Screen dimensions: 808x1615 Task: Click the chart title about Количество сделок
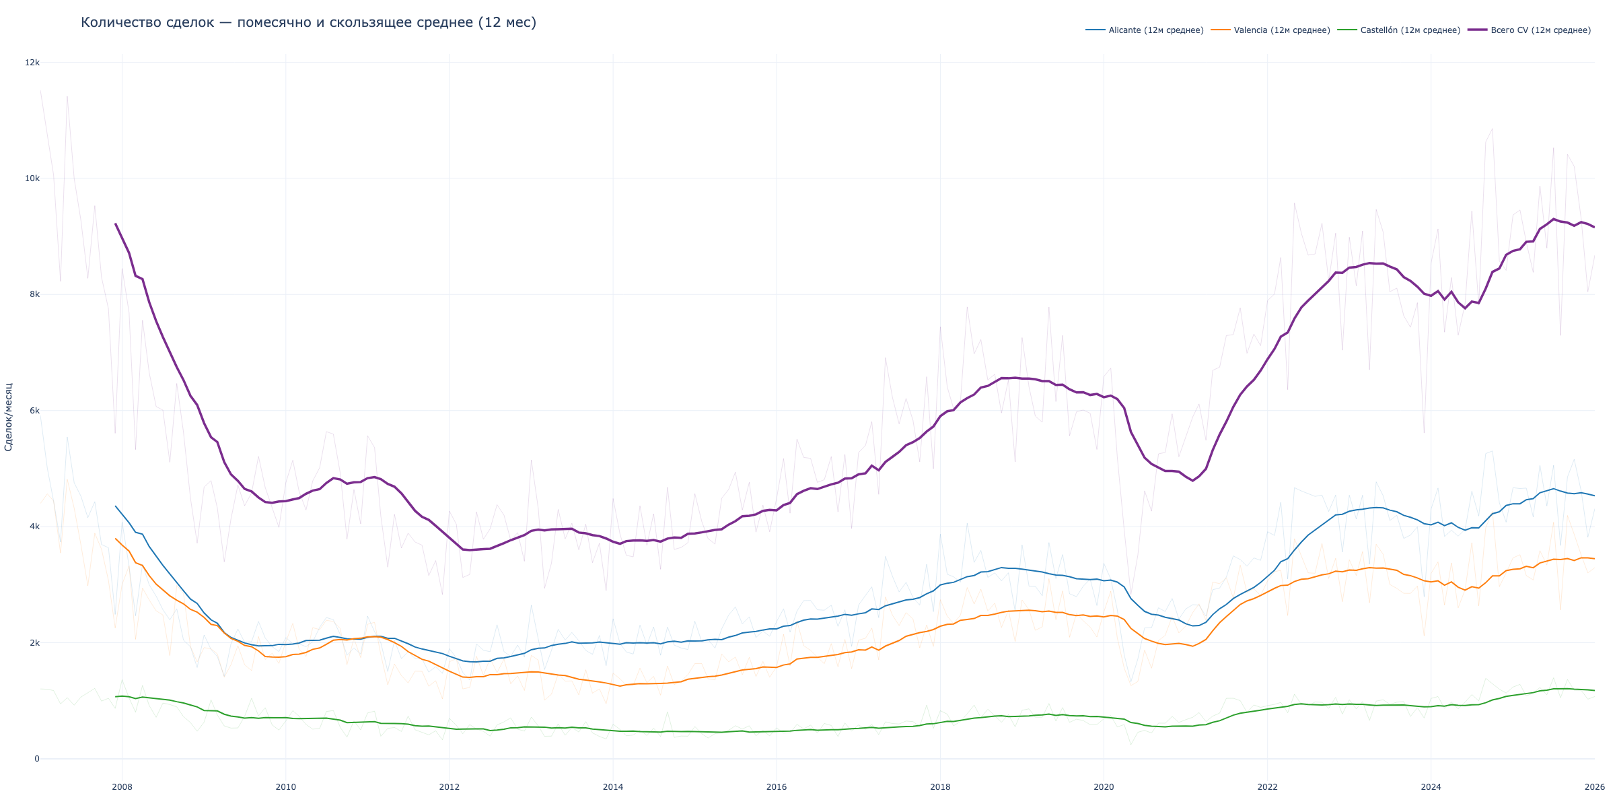point(308,23)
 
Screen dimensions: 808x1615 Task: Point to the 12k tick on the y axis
point(32,63)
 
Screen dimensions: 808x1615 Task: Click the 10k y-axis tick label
point(32,178)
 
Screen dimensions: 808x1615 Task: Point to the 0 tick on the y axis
point(37,759)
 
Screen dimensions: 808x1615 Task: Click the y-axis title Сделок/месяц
point(9,417)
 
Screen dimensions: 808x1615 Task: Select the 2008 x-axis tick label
point(122,787)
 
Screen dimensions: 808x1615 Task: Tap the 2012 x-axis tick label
point(449,787)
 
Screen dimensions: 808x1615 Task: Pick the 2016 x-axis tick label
point(777,787)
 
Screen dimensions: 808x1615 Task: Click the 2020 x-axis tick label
point(1104,787)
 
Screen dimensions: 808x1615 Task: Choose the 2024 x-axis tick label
point(1431,787)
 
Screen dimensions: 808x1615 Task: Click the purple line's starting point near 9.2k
point(116,224)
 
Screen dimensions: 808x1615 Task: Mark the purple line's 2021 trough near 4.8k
point(1192,481)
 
